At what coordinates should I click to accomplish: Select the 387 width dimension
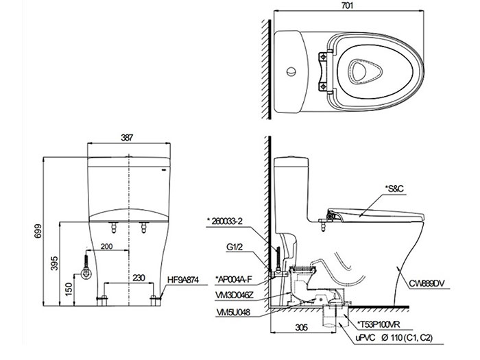pyautogui.click(x=127, y=136)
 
